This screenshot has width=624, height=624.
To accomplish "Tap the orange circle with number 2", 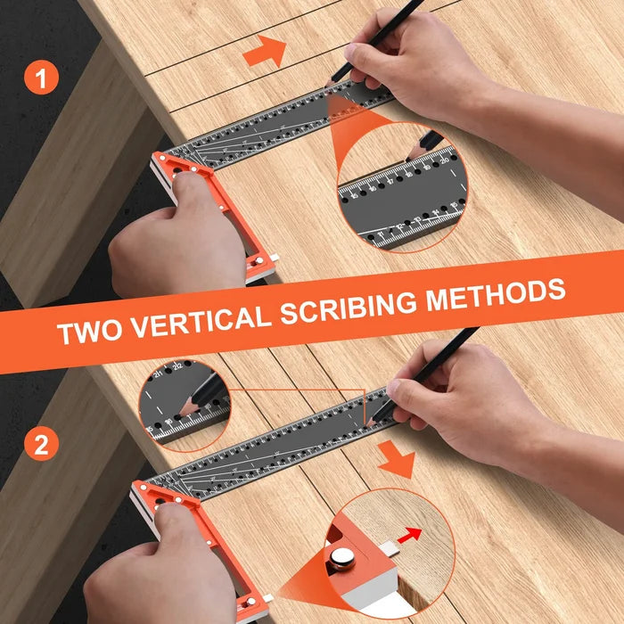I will click(41, 442).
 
